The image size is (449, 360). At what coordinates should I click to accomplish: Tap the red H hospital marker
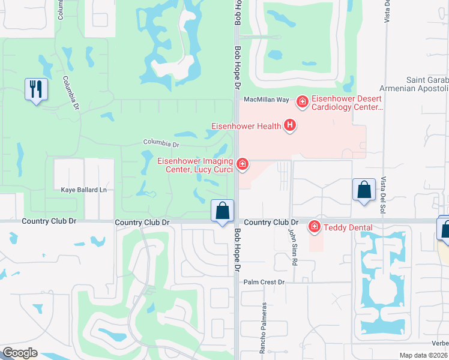click(291, 125)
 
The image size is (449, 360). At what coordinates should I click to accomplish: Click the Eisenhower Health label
click(247, 126)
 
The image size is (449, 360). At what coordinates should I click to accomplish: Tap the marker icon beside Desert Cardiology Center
click(303, 102)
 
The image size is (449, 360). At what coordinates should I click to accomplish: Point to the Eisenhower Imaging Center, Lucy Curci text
click(196, 165)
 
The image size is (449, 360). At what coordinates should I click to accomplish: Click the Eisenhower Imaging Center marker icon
click(243, 164)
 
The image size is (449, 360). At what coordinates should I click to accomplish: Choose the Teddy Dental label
click(348, 227)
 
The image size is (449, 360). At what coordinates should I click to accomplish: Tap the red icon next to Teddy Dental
click(314, 226)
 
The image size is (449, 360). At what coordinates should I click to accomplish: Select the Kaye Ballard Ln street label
click(83, 190)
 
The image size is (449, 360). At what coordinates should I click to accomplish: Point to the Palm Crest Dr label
click(263, 281)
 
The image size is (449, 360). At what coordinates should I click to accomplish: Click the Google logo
click(20, 353)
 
